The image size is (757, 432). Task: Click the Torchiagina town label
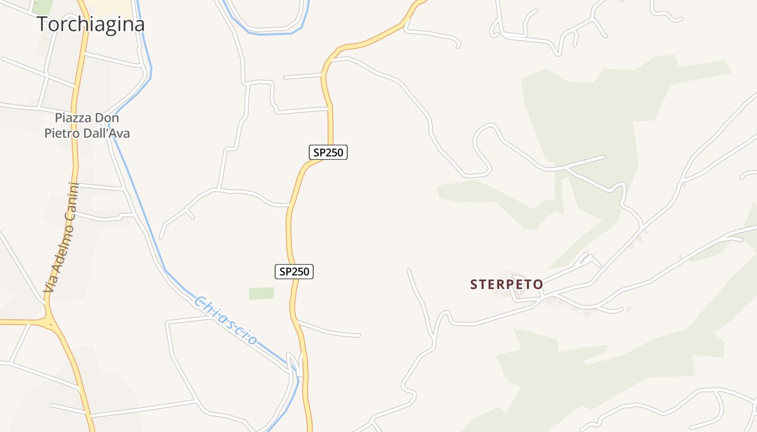coord(91,24)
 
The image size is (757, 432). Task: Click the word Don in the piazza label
coord(107,118)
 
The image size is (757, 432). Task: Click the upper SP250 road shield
coord(328,152)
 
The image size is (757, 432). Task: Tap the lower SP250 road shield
coord(294,272)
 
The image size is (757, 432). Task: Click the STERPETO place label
coord(507,285)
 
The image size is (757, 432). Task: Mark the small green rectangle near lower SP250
coord(261,293)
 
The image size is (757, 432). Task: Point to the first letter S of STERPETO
coord(474,285)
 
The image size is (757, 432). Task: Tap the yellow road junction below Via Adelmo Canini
coord(50,322)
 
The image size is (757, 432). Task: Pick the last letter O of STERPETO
coord(539,285)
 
